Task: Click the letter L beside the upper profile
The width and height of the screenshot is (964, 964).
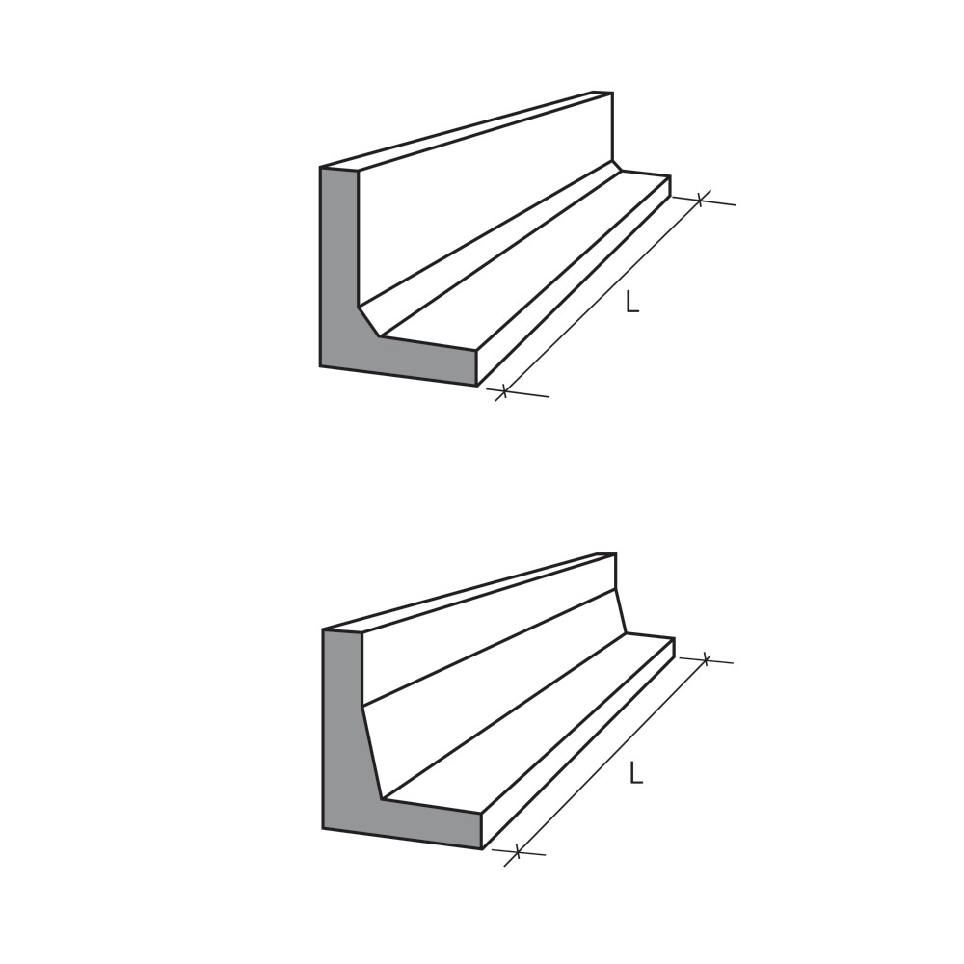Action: pyautogui.click(x=632, y=302)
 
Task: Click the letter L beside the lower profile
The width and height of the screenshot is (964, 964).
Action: pyautogui.click(x=635, y=772)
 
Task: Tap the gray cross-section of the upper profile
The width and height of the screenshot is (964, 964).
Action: pyautogui.click(x=339, y=289)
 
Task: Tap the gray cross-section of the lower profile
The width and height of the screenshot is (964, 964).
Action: pyautogui.click(x=342, y=752)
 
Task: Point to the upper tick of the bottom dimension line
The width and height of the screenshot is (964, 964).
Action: pyautogui.click(x=706, y=660)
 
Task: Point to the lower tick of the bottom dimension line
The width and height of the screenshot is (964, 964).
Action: pyautogui.click(x=518, y=851)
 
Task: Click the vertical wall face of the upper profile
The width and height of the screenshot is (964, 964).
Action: pyautogui.click(x=482, y=202)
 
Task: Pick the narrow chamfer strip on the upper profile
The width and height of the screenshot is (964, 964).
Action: pyautogui.click(x=492, y=245)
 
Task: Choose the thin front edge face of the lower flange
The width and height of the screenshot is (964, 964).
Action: pyautogui.click(x=578, y=742)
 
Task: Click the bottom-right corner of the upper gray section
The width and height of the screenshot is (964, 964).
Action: pyautogui.click(x=476, y=386)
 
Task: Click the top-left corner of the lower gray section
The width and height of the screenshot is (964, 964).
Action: pyautogui.click(x=323, y=629)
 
